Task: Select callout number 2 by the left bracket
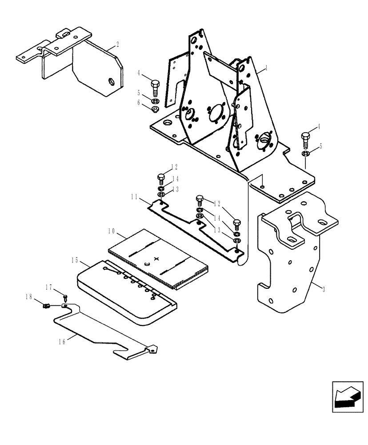117,44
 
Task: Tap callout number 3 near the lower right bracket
324,289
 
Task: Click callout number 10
111,231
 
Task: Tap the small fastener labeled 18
45,305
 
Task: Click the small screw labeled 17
66,295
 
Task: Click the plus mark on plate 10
156,259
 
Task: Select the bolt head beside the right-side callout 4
305,136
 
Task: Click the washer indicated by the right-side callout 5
305,154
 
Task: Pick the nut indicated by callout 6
155,109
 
